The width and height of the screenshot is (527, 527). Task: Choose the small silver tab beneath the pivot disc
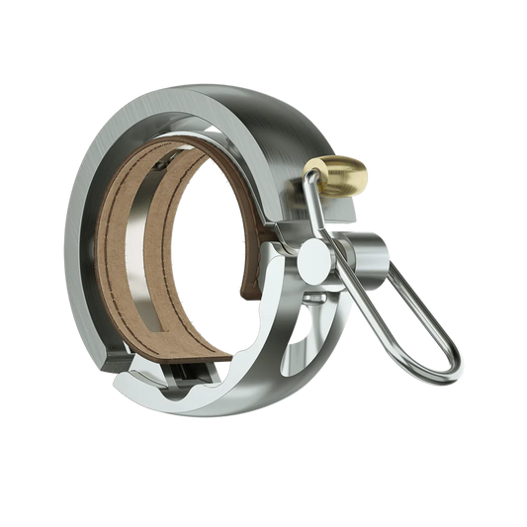314,297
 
